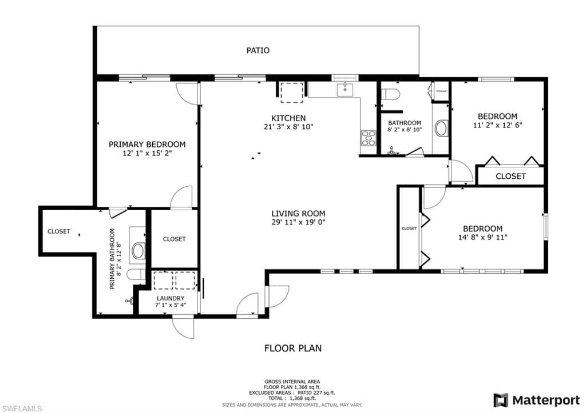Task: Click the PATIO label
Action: tap(258, 50)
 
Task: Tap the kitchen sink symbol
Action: tap(345, 90)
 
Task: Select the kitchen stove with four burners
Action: tap(368, 138)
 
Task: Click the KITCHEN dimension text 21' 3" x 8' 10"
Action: tap(288, 127)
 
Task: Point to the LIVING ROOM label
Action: tap(298, 214)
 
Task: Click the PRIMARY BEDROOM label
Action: tap(147, 145)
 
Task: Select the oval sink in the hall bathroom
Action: tap(442, 128)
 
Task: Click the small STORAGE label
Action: tap(441, 91)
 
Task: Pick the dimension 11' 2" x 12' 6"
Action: tap(497, 125)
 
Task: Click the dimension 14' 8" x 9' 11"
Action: tap(482, 237)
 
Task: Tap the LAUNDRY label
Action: tap(171, 298)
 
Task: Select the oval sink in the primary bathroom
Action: tap(138, 251)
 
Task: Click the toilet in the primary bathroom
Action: tap(135, 275)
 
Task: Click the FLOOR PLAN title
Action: tap(293, 348)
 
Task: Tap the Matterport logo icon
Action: tap(501, 400)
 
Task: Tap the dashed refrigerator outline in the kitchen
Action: tap(292, 93)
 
